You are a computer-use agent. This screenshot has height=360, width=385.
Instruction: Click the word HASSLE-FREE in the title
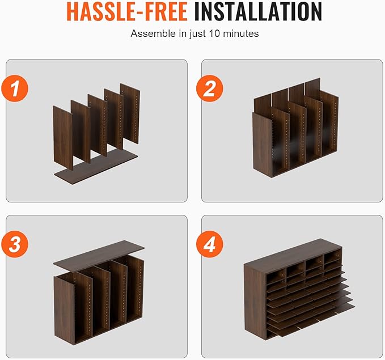point(127,11)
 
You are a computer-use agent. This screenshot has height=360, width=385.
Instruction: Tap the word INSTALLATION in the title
point(258,11)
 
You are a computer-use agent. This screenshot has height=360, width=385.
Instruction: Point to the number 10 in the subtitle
point(214,33)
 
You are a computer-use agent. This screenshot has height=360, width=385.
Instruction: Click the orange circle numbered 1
point(15,88)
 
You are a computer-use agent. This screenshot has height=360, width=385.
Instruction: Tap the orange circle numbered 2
point(210,88)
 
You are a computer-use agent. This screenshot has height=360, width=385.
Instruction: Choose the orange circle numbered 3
point(15,244)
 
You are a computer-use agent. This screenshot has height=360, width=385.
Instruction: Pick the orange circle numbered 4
point(210,244)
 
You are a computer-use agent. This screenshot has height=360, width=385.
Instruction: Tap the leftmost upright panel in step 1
point(63,138)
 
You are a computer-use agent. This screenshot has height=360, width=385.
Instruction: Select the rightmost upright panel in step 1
point(130,113)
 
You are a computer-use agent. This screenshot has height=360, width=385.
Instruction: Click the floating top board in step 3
point(99,255)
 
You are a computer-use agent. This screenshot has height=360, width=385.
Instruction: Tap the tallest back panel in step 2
point(312,88)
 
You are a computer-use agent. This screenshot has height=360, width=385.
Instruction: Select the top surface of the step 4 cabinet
point(292,255)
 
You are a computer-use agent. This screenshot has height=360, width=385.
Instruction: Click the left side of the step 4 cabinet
point(255,302)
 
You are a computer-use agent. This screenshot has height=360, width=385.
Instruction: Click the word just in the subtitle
point(197,34)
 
